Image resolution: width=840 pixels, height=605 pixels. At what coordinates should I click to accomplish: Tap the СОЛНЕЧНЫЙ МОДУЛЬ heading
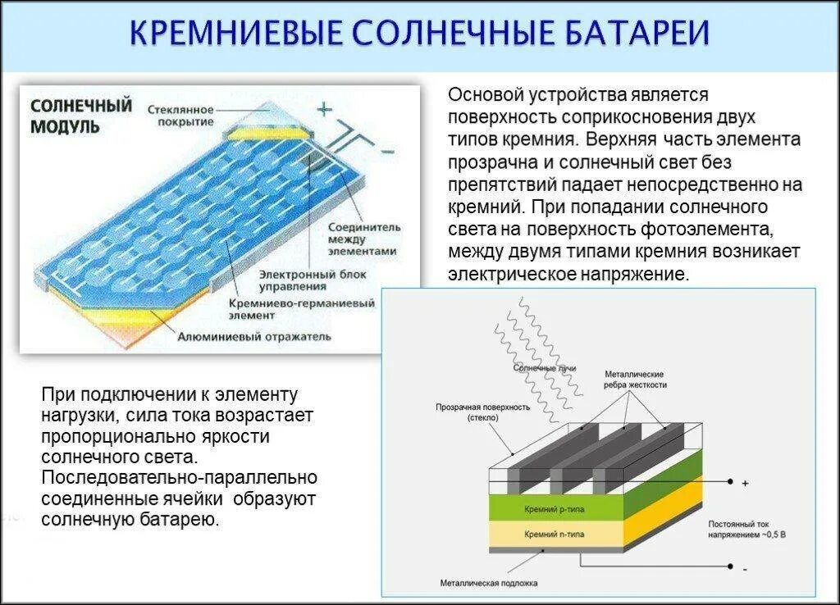[80, 116]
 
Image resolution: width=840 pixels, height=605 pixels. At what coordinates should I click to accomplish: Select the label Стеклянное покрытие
[181, 115]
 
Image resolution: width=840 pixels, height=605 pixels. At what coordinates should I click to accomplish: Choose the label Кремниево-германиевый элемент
[302, 308]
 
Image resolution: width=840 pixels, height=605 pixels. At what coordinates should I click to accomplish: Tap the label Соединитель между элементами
[363, 238]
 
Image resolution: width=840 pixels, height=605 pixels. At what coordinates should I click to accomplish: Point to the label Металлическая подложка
[488, 584]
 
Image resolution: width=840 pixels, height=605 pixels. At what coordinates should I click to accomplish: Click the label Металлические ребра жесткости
[635, 379]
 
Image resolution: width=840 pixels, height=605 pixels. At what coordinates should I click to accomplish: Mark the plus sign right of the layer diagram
[745, 484]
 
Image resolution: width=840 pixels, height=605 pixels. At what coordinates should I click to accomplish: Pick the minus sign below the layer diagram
[745, 568]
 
